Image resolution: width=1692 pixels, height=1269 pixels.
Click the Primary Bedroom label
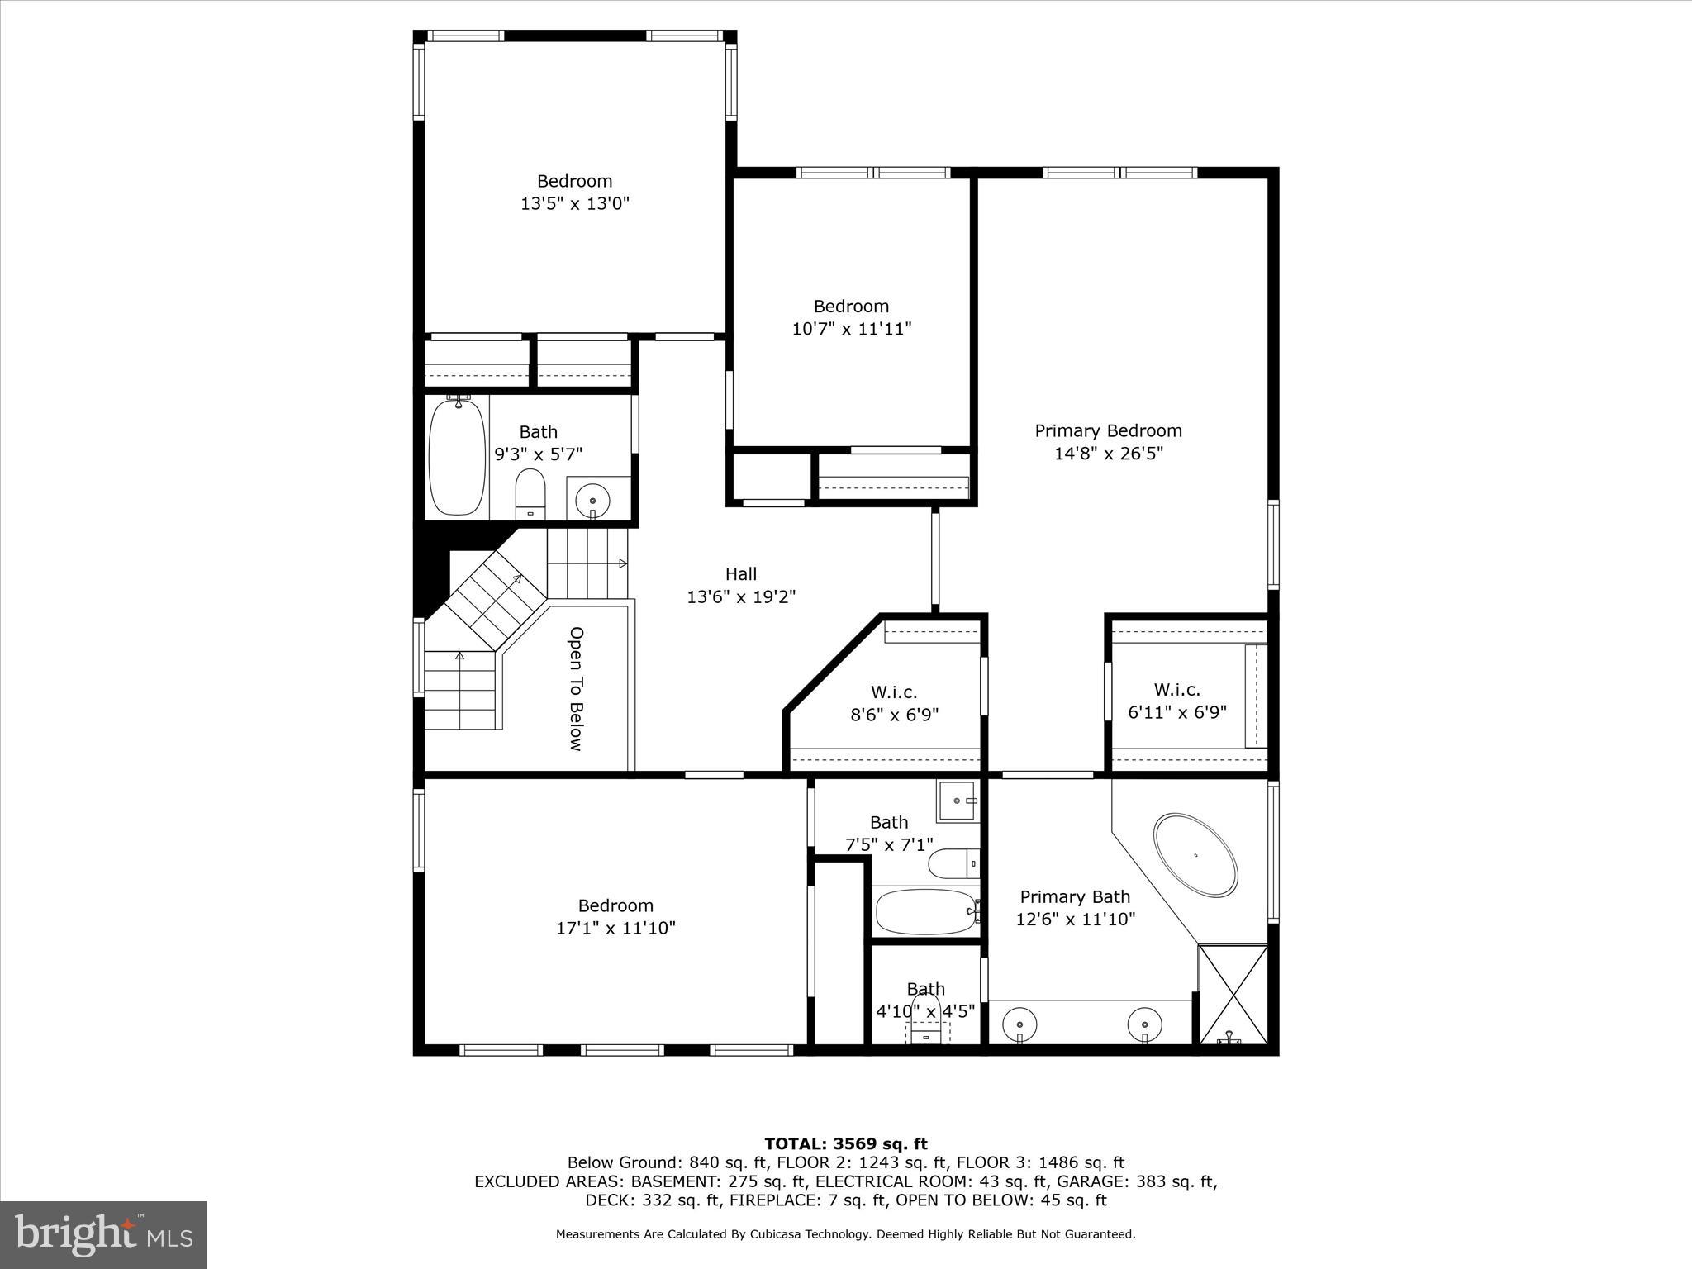1108,430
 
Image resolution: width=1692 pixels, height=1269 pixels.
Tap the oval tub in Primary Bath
1195,856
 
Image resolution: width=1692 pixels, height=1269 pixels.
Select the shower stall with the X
1233,995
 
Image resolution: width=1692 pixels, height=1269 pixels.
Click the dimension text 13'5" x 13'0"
574,203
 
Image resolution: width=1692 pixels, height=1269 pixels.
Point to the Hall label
740,573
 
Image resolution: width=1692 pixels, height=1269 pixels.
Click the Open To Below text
576,688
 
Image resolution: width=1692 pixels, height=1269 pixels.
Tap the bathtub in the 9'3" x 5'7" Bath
457,457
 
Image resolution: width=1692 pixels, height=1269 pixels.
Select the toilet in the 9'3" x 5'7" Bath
530,493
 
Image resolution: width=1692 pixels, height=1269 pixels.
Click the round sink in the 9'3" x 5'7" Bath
592,500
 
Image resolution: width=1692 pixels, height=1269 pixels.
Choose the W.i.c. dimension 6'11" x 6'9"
1177,711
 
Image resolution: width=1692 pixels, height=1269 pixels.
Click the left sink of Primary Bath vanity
1020,1025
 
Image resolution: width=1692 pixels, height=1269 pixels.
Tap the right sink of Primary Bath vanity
1145,1025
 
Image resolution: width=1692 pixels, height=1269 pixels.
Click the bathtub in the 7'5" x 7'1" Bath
925,912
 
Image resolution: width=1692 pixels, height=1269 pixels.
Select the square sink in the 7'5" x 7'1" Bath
957,801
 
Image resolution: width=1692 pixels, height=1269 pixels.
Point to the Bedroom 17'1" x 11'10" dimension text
615,928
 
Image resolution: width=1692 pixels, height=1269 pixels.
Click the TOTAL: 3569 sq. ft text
845,1144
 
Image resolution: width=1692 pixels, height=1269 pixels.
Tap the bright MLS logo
103,1234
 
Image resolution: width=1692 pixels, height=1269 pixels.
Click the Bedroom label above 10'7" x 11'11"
851,306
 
